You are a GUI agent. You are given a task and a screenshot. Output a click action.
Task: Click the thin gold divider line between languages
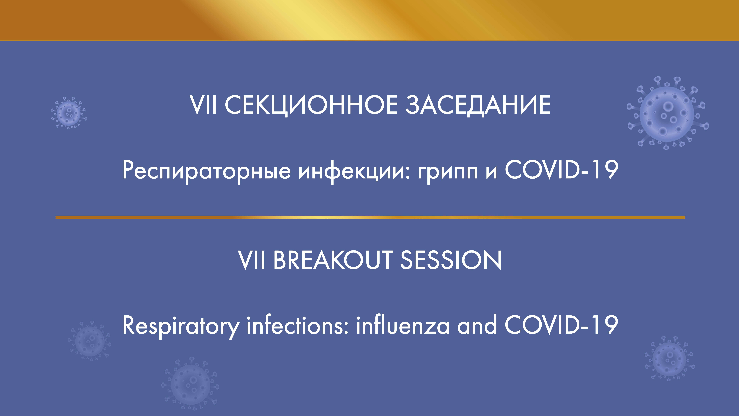tap(370, 217)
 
